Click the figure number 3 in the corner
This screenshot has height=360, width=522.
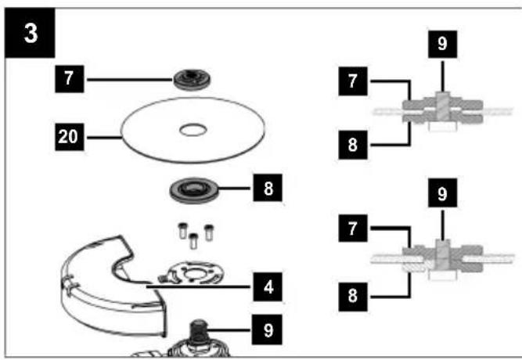coord(30,33)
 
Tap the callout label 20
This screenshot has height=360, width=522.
coord(69,136)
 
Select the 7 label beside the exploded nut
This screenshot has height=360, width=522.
coord(69,79)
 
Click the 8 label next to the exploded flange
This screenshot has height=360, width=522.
coord(268,188)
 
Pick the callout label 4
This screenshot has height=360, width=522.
coord(268,286)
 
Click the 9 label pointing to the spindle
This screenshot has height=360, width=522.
coord(267,329)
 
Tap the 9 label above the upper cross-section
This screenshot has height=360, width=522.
coord(442,45)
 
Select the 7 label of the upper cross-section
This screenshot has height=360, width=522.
coord(353,81)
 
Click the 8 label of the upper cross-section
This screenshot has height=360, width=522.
coord(353,145)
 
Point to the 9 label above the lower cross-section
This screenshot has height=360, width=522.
coord(442,193)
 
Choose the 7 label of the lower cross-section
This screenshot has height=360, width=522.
coord(353,228)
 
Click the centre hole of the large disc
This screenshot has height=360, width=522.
coord(193,130)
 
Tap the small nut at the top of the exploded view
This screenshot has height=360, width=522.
coord(192,79)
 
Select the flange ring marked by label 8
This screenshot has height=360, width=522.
coord(193,190)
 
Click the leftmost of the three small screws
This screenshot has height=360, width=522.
coord(182,231)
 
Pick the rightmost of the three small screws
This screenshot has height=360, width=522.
coord(209,232)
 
